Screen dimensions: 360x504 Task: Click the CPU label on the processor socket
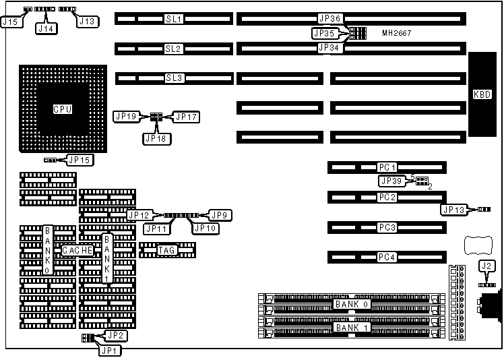[63, 109]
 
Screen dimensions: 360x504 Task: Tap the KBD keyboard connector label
[482, 94]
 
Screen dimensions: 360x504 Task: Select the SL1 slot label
[174, 19]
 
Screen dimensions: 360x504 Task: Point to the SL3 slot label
[174, 78]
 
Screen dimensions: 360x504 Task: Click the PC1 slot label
[387, 167]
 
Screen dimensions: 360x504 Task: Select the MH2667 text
[396, 33]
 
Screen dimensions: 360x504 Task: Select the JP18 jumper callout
[157, 138]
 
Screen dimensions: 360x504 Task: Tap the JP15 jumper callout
[80, 160]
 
